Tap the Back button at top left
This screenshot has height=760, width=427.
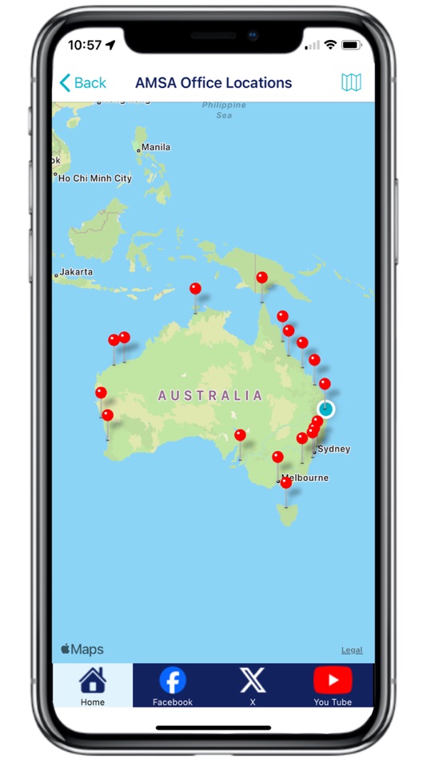tap(83, 82)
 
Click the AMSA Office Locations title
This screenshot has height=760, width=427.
tap(213, 82)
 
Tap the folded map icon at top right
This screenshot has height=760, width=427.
tap(351, 82)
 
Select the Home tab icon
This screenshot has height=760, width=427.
tap(93, 681)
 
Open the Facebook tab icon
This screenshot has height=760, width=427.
tap(173, 681)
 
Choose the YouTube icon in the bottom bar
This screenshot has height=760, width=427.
tap(333, 681)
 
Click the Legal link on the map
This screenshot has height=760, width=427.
tap(352, 650)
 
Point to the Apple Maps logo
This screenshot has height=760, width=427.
tap(82, 650)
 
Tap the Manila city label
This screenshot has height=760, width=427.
tap(155, 147)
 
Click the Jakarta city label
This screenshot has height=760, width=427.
tap(76, 272)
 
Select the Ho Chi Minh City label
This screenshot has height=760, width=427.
tap(95, 178)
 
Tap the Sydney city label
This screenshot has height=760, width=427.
tap(333, 449)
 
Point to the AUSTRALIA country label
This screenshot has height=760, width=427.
tap(210, 395)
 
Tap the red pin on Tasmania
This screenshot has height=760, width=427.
tap(286, 482)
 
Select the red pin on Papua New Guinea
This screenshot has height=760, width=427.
tap(262, 278)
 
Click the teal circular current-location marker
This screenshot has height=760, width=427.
tap(326, 409)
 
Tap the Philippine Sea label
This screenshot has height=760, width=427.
tap(224, 110)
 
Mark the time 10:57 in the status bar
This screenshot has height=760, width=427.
tap(85, 45)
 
